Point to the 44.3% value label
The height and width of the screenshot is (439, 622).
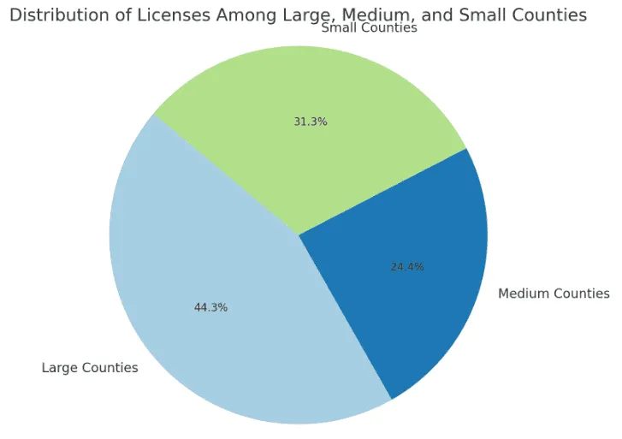pyautogui.click(x=211, y=307)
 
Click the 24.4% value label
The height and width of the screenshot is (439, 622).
pyautogui.click(x=407, y=266)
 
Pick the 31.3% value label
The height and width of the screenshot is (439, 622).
pyautogui.click(x=311, y=122)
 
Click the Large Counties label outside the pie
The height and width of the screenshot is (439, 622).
pyautogui.click(x=90, y=368)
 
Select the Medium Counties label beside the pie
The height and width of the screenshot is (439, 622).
pyautogui.click(x=554, y=294)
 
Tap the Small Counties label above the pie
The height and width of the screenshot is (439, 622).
pyautogui.click(x=369, y=28)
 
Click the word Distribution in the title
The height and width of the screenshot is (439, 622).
pyautogui.click(x=58, y=15)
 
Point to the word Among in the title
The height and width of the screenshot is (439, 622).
pyautogui.click(x=231, y=15)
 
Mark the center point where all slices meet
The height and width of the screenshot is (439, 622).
pyautogui.click(x=299, y=234)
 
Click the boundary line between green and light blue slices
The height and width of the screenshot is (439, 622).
pyautogui.click(x=226, y=174)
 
